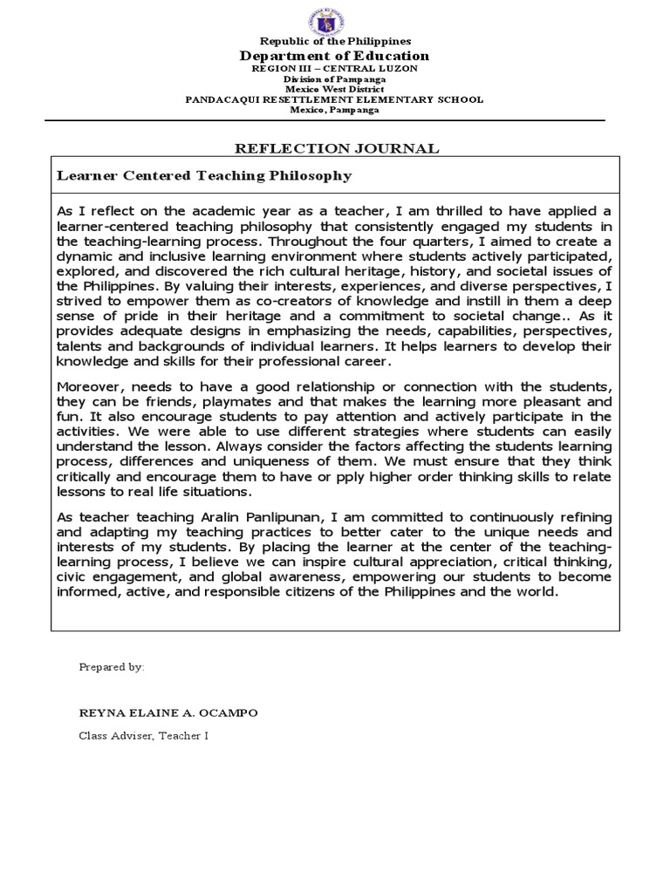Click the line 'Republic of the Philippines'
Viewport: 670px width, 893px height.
click(x=335, y=41)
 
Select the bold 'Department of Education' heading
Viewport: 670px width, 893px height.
click(x=335, y=56)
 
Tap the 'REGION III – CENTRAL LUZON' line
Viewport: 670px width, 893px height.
click(x=335, y=68)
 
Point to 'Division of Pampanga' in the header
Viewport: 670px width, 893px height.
click(x=335, y=78)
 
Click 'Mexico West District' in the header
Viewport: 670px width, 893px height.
click(x=335, y=89)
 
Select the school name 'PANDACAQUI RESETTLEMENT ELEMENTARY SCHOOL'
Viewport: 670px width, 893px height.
click(x=335, y=99)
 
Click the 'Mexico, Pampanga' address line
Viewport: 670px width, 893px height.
click(x=335, y=110)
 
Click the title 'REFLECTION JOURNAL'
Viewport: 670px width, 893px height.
click(x=335, y=148)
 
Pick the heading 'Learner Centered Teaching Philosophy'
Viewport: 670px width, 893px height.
click(x=204, y=175)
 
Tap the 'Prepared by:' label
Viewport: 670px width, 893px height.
click(x=112, y=666)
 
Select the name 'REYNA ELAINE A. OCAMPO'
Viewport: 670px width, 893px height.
click(x=168, y=712)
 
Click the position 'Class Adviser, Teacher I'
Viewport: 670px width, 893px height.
click(x=144, y=735)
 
